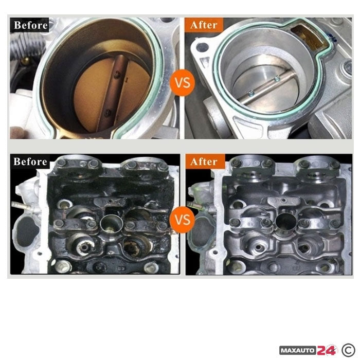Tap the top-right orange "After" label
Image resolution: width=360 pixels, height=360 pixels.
pos(204,25)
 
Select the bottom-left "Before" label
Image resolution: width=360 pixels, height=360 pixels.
pos(30,161)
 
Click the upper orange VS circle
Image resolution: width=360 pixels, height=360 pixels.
pos(183,83)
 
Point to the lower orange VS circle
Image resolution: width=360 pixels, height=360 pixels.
pos(183,220)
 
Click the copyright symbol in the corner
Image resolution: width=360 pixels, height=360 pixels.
pos(348,350)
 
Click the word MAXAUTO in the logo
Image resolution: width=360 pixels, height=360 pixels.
pos(298,351)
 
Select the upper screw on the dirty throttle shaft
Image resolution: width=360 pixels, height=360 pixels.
pos(118,74)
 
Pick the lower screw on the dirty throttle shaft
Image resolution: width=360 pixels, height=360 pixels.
pos(107,113)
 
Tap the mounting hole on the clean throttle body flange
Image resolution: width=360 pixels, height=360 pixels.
pos(203,47)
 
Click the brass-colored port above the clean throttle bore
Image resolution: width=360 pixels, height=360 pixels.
pos(309,37)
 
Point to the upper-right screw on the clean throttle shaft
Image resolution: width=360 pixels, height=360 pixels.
pos(277,79)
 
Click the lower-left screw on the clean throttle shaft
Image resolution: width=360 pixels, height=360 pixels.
pos(250,93)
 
